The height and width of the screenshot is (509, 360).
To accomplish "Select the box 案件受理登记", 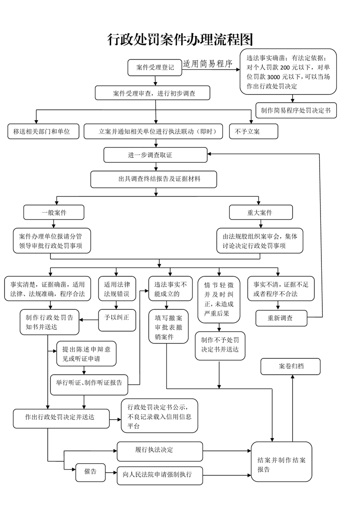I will [x=155, y=67].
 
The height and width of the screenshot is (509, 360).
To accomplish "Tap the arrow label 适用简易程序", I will [x=207, y=64].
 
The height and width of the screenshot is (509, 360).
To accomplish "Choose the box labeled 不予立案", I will [x=247, y=132].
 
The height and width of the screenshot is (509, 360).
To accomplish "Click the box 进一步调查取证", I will [x=155, y=155].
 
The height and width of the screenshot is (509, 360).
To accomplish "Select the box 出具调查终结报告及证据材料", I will [x=153, y=179].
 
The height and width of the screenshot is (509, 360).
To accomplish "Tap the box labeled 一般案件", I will [x=54, y=212].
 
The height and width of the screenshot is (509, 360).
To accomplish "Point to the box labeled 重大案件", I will [x=260, y=212].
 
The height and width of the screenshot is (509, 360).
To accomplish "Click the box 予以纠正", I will [x=117, y=317].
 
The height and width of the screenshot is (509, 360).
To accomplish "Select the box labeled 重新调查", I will [x=281, y=318].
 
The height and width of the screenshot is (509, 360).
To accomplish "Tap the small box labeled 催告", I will [x=90, y=472].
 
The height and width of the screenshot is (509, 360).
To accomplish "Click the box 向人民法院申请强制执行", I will [x=157, y=475].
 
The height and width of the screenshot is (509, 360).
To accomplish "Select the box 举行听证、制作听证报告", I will [x=89, y=382].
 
